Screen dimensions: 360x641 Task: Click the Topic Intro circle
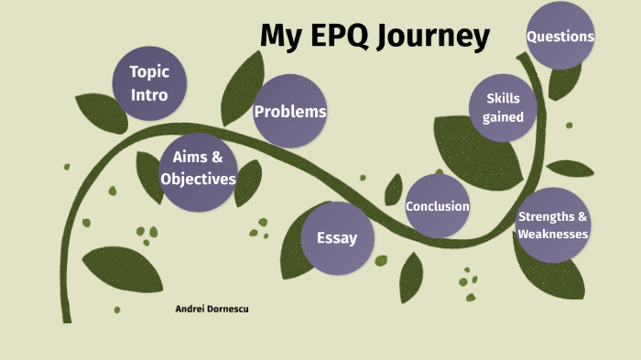pyautogui.click(x=149, y=82)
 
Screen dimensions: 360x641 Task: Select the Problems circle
pyautogui.click(x=289, y=112)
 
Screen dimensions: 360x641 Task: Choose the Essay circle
pyautogui.click(x=336, y=238)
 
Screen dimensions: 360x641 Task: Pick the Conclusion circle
pyautogui.click(x=438, y=206)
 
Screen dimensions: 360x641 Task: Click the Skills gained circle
pyautogui.click(x=503, y=107)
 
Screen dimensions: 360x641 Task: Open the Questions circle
pyautogui.click(x=560, y=37)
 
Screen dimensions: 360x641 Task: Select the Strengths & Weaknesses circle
pyautogui.click(x=552, y=225)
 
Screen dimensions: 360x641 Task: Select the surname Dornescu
pyautogui.click(x=229, y=310)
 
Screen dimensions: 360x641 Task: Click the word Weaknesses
pyautogui.click(x=552, y=235)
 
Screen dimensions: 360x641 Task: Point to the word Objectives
pyautogui.click(x=198, y=179)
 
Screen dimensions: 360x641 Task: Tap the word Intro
pyautogui.click(x=149, y=93)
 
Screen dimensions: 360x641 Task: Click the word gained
pyautogui.click(x=503, y=117)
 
